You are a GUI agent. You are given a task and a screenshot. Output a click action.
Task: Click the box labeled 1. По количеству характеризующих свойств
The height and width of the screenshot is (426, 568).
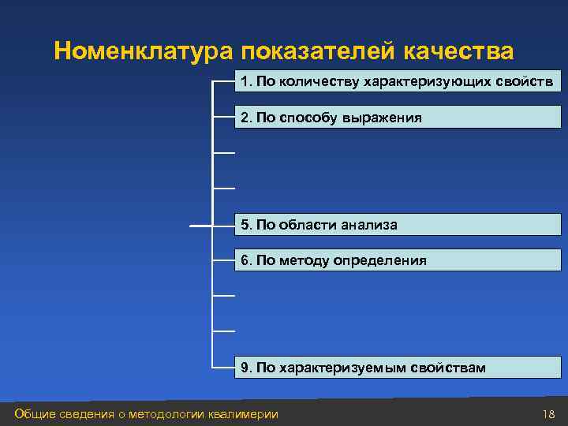tap(398, 81)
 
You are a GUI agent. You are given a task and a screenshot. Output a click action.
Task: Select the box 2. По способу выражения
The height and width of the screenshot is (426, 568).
tap(398, 118)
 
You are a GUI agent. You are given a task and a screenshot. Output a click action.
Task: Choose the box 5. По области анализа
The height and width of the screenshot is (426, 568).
tap(398, 225)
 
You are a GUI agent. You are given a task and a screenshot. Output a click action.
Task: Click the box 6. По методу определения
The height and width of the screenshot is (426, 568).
tap(398, 260)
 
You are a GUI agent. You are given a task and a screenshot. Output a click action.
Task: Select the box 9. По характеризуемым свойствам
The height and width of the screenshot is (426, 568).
tap(398, 368)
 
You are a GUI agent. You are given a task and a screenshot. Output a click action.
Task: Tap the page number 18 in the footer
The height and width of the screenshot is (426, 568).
tap(548, 414)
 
